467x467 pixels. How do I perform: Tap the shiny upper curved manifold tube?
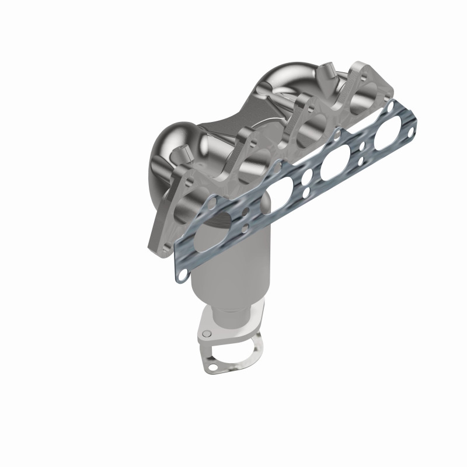[280, 82]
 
